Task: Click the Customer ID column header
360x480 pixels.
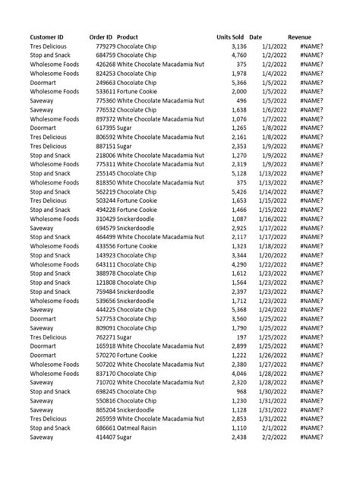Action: coord(46,37)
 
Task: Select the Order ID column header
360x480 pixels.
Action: coord(100,37)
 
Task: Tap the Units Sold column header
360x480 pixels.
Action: coord(230,37)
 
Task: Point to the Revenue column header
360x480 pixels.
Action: coord(299,37)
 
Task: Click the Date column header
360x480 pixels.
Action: coord(256,37)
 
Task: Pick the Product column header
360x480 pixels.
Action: coord(128,37)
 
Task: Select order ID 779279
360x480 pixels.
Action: coord(105,46)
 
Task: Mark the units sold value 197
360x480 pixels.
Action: coord(239,337)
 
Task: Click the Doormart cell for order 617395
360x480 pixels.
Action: coord(43,128)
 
